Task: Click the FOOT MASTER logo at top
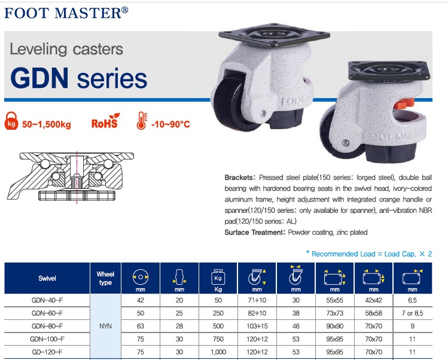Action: click(66, 13)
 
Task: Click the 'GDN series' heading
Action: click(78, 78)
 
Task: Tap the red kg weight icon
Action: click(11, 121)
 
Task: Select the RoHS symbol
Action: click(105, 121)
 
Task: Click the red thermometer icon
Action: click(142, 120)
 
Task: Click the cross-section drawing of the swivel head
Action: click(71, 177)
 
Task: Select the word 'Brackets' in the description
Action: click(239, 178)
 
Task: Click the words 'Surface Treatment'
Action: click(253, 232)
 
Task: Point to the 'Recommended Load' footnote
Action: click(369, 254)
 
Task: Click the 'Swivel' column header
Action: click(47, 278)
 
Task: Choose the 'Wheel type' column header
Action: click(105, 278)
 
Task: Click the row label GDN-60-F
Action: click(47, 313)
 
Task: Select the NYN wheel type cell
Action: click(105, 326)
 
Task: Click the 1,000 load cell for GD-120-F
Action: click(218, 352)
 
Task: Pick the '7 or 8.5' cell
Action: click(412, 313)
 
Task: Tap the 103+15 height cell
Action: click(257, 326)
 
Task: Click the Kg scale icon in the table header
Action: click(218, 277)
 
